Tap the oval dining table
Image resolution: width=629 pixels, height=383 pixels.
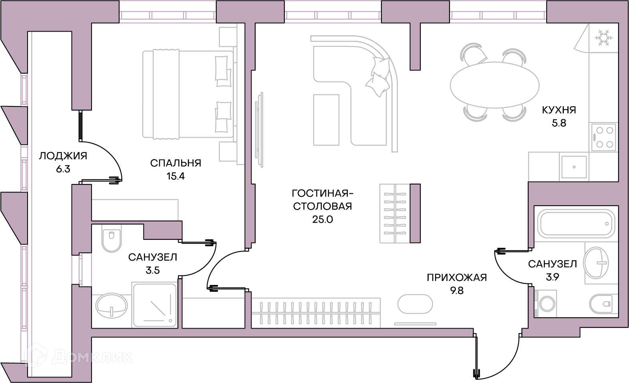[x=495, y=85]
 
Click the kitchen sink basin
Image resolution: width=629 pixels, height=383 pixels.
[x=574, y=167]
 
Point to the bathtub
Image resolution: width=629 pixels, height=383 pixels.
[x=576, y=224]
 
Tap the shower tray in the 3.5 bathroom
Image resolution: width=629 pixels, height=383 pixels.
[x=154, y=305]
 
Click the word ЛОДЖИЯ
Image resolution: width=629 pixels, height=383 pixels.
[x=63, y=156]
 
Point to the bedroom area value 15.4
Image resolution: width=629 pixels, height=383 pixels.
[x=176, y=176]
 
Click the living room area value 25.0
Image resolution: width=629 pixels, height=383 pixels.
[x=322, y=219]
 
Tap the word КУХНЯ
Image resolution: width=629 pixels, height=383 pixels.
[x=559, y=110]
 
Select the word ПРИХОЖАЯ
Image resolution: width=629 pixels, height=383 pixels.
[x=457, y=278]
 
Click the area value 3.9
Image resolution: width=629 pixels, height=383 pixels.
[x=552, y=277]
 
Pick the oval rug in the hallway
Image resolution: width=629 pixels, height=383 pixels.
[x=415, y=304]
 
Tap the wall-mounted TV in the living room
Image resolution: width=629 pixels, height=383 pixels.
[x=259, y=130]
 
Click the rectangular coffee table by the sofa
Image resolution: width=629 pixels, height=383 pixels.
[x=326, y=120]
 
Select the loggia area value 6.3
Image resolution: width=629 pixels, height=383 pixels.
[x=63, y=169]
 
